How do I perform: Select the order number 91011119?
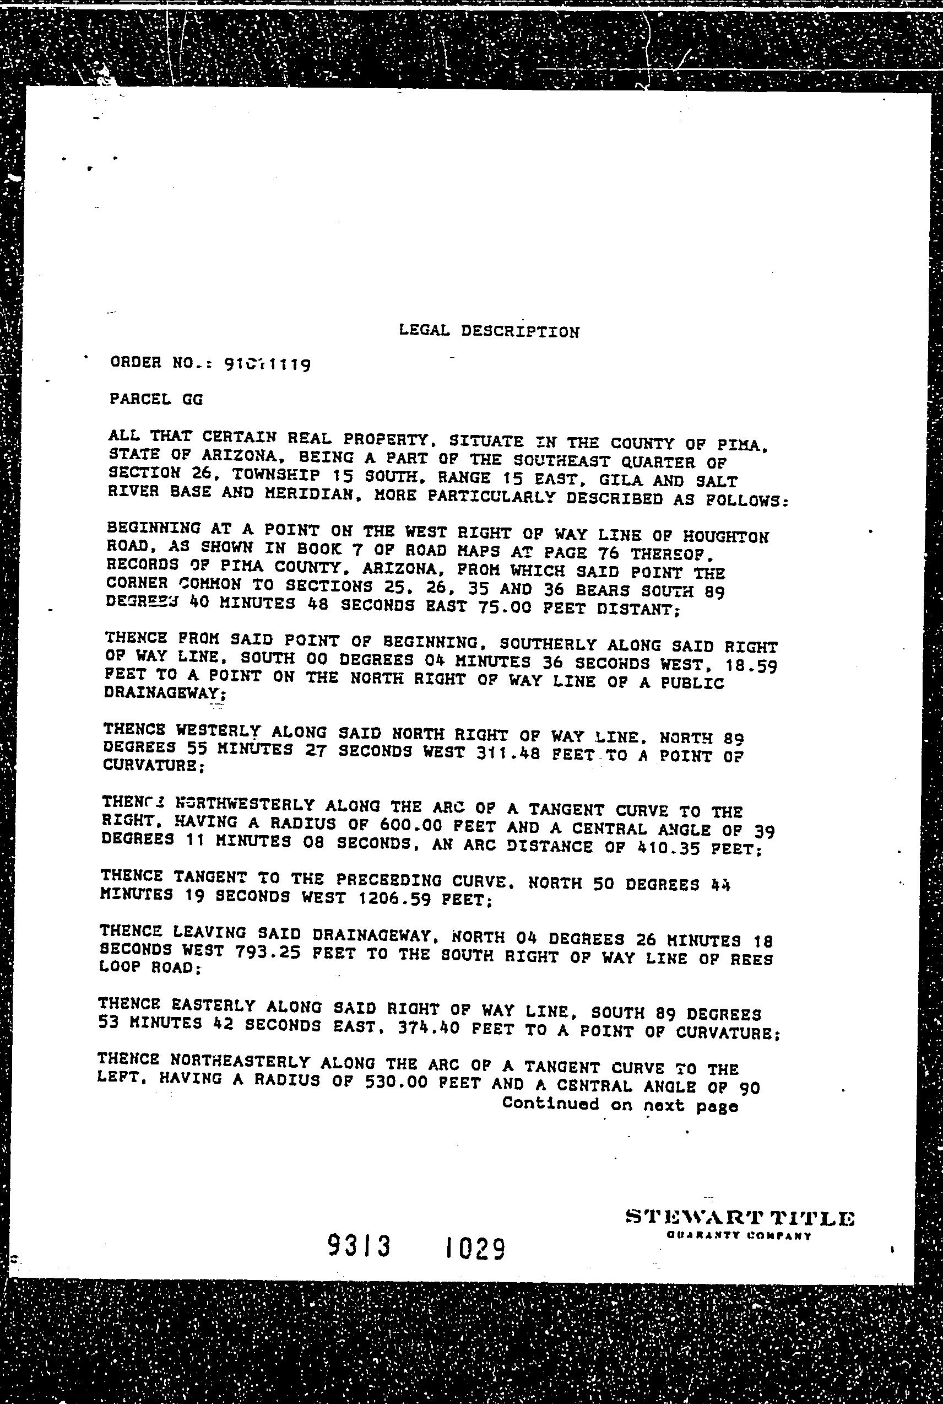point(267,363)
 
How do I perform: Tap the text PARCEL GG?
point(156,399)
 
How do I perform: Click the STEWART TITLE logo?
point(739,798)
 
